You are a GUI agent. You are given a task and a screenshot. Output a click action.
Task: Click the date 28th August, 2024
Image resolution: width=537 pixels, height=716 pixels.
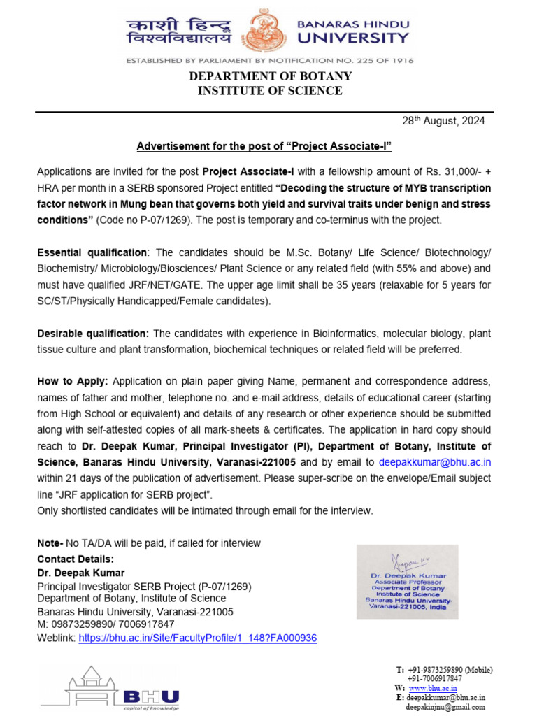(x=443, y=121)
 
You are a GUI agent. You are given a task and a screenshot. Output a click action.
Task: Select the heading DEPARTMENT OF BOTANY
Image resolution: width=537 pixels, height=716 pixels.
(x=269, y=76)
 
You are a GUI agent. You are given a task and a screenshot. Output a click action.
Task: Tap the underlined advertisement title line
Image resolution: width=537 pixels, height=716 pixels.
(x=264, y=147)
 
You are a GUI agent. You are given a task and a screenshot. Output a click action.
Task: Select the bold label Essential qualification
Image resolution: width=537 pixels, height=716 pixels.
(x=92, y=252)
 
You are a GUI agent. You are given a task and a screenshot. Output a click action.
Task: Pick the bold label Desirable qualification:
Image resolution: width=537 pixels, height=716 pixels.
(x=93, y=334)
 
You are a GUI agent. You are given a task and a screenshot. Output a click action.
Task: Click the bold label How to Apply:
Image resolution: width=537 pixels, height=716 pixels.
(x=72, y=381)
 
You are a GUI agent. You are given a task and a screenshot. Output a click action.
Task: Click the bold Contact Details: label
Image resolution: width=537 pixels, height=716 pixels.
(x=75, y=559)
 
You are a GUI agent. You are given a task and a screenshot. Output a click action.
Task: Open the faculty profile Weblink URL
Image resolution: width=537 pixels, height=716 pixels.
(x=198, y=638)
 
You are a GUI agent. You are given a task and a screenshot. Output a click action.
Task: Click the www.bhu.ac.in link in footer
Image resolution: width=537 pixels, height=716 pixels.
(x=432, y=688)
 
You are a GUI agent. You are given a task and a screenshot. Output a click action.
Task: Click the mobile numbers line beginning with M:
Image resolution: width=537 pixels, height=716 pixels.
(x=106, y=624)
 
